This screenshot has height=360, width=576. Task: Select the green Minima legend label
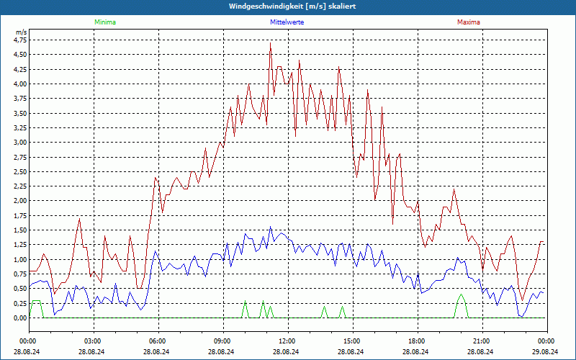(104, 22)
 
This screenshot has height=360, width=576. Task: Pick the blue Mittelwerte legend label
(287, 22)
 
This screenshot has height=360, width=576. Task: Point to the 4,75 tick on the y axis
(19, 40)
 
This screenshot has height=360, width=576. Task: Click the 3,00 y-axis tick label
(19, 143)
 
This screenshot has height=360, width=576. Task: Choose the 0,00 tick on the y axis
(19, 318)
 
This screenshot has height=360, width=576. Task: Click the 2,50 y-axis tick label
(19, 172)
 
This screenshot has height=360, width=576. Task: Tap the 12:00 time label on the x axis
(287, 341)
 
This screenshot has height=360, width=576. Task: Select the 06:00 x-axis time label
(158, 341)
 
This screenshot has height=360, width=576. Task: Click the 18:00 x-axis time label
(417, 341)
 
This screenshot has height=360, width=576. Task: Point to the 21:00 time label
(482, 341)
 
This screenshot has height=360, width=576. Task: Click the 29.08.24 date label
(546, 351)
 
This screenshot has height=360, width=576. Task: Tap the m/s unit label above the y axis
(21, 32)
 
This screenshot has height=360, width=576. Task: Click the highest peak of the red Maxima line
(271, 44)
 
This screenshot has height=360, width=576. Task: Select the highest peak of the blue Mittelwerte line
(271, 228)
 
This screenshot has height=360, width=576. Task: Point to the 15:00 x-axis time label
(352, 341)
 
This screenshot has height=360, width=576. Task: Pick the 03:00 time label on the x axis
(93, 341)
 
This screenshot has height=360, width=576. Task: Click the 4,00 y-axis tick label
(19, 84)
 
